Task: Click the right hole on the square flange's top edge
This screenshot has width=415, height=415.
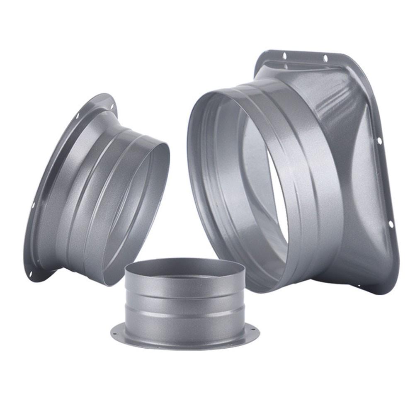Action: click(325, 58)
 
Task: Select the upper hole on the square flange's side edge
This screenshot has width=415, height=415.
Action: click(379, 140)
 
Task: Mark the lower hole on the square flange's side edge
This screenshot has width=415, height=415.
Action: click(391, 224)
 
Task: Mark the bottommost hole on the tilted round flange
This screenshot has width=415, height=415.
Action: click(30, 274)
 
